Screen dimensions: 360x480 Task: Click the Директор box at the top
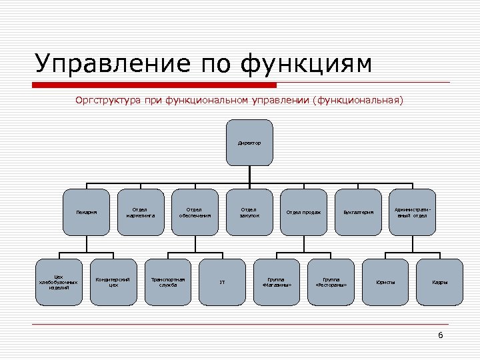pos(249,143)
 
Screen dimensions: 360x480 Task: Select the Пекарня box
pos(86,213)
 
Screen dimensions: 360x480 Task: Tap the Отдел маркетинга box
pos(141,213)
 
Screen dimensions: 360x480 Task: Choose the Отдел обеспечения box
pos(195,213)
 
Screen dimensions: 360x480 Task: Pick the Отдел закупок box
pos(249,213)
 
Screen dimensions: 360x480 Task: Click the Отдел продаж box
pos(303,213)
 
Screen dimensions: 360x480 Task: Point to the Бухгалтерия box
pos(358,213)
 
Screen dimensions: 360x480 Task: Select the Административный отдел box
pos(412,213)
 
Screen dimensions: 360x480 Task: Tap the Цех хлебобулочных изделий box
pos(59,282)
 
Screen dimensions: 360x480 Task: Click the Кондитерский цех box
pos(113,282)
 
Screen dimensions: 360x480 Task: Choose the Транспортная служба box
pos(168,282)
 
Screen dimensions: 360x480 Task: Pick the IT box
pos(222,282)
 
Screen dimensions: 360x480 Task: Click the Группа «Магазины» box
pos(277,282)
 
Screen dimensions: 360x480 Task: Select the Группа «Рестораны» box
pos(331,282)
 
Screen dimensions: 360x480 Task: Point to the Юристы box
pos(385,282)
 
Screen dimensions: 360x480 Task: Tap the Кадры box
pos(439,282)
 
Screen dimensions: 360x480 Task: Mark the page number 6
pos(440,335)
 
